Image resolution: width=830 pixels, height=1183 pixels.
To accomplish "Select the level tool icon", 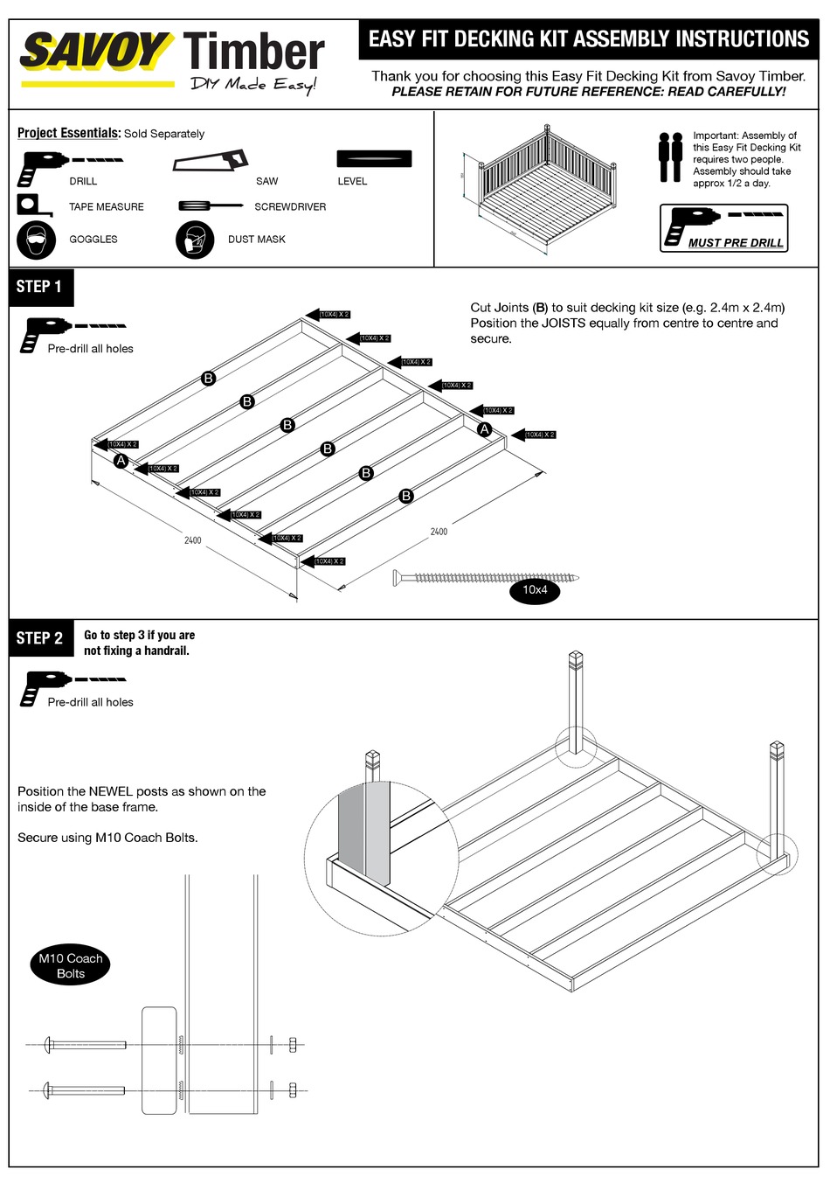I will click(x=374, y=159).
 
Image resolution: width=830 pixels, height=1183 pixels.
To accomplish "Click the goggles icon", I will click(x=36, y=240).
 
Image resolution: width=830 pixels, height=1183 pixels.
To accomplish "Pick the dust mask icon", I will click(x=195, y=240).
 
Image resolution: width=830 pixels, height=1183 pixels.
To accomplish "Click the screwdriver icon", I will click(x=210, y=206).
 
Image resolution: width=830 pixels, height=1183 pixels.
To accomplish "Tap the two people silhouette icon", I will click(x=670, y=157).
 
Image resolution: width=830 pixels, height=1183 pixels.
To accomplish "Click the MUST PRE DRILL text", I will click(x=736, y=243).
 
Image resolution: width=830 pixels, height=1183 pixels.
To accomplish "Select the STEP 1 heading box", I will click(x=40, y=287).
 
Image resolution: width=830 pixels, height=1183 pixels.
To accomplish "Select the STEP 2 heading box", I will click(x=40, y=638).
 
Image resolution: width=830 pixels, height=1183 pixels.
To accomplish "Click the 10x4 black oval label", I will click(x=535, y=590).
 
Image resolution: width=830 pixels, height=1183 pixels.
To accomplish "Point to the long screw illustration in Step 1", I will click(x=486, y=577).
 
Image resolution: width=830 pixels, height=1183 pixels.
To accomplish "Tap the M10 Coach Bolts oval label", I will click(x=71, y=966).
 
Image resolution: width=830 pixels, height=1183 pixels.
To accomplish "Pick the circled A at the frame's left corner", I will click(x=121, y=461).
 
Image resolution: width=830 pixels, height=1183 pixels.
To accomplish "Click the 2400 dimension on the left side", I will click(x=193, y=540).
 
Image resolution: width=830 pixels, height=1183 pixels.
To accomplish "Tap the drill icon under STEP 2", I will click(x=35, y=687).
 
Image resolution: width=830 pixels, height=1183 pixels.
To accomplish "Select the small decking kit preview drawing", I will click(x=546, y=191).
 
